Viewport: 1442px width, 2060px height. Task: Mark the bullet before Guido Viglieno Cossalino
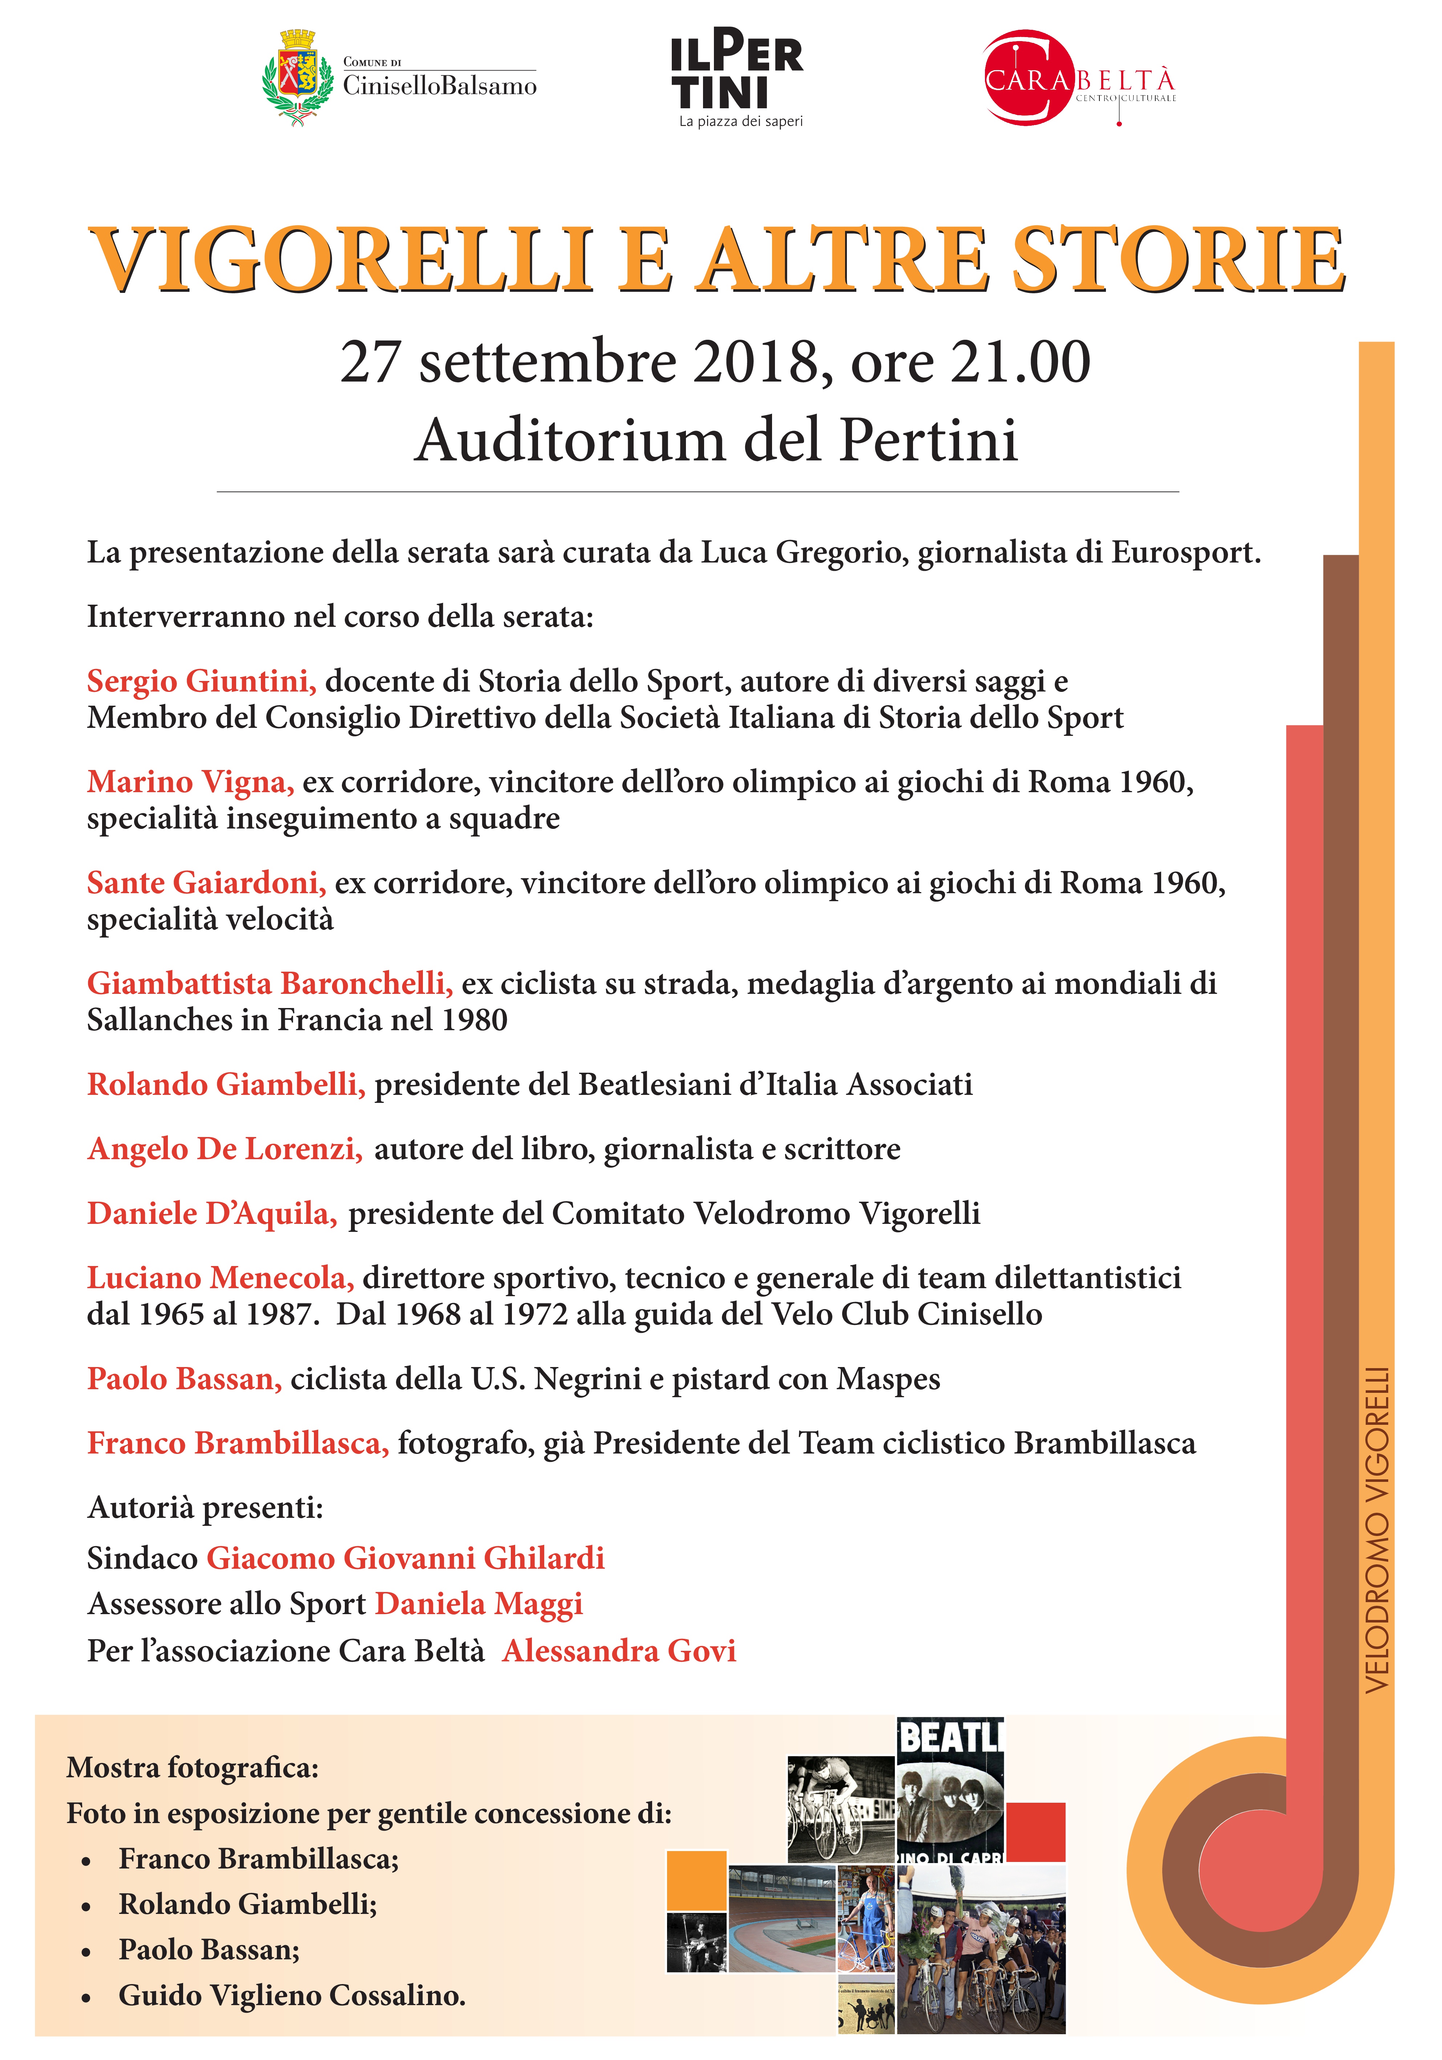click(x=86, y=1997)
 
